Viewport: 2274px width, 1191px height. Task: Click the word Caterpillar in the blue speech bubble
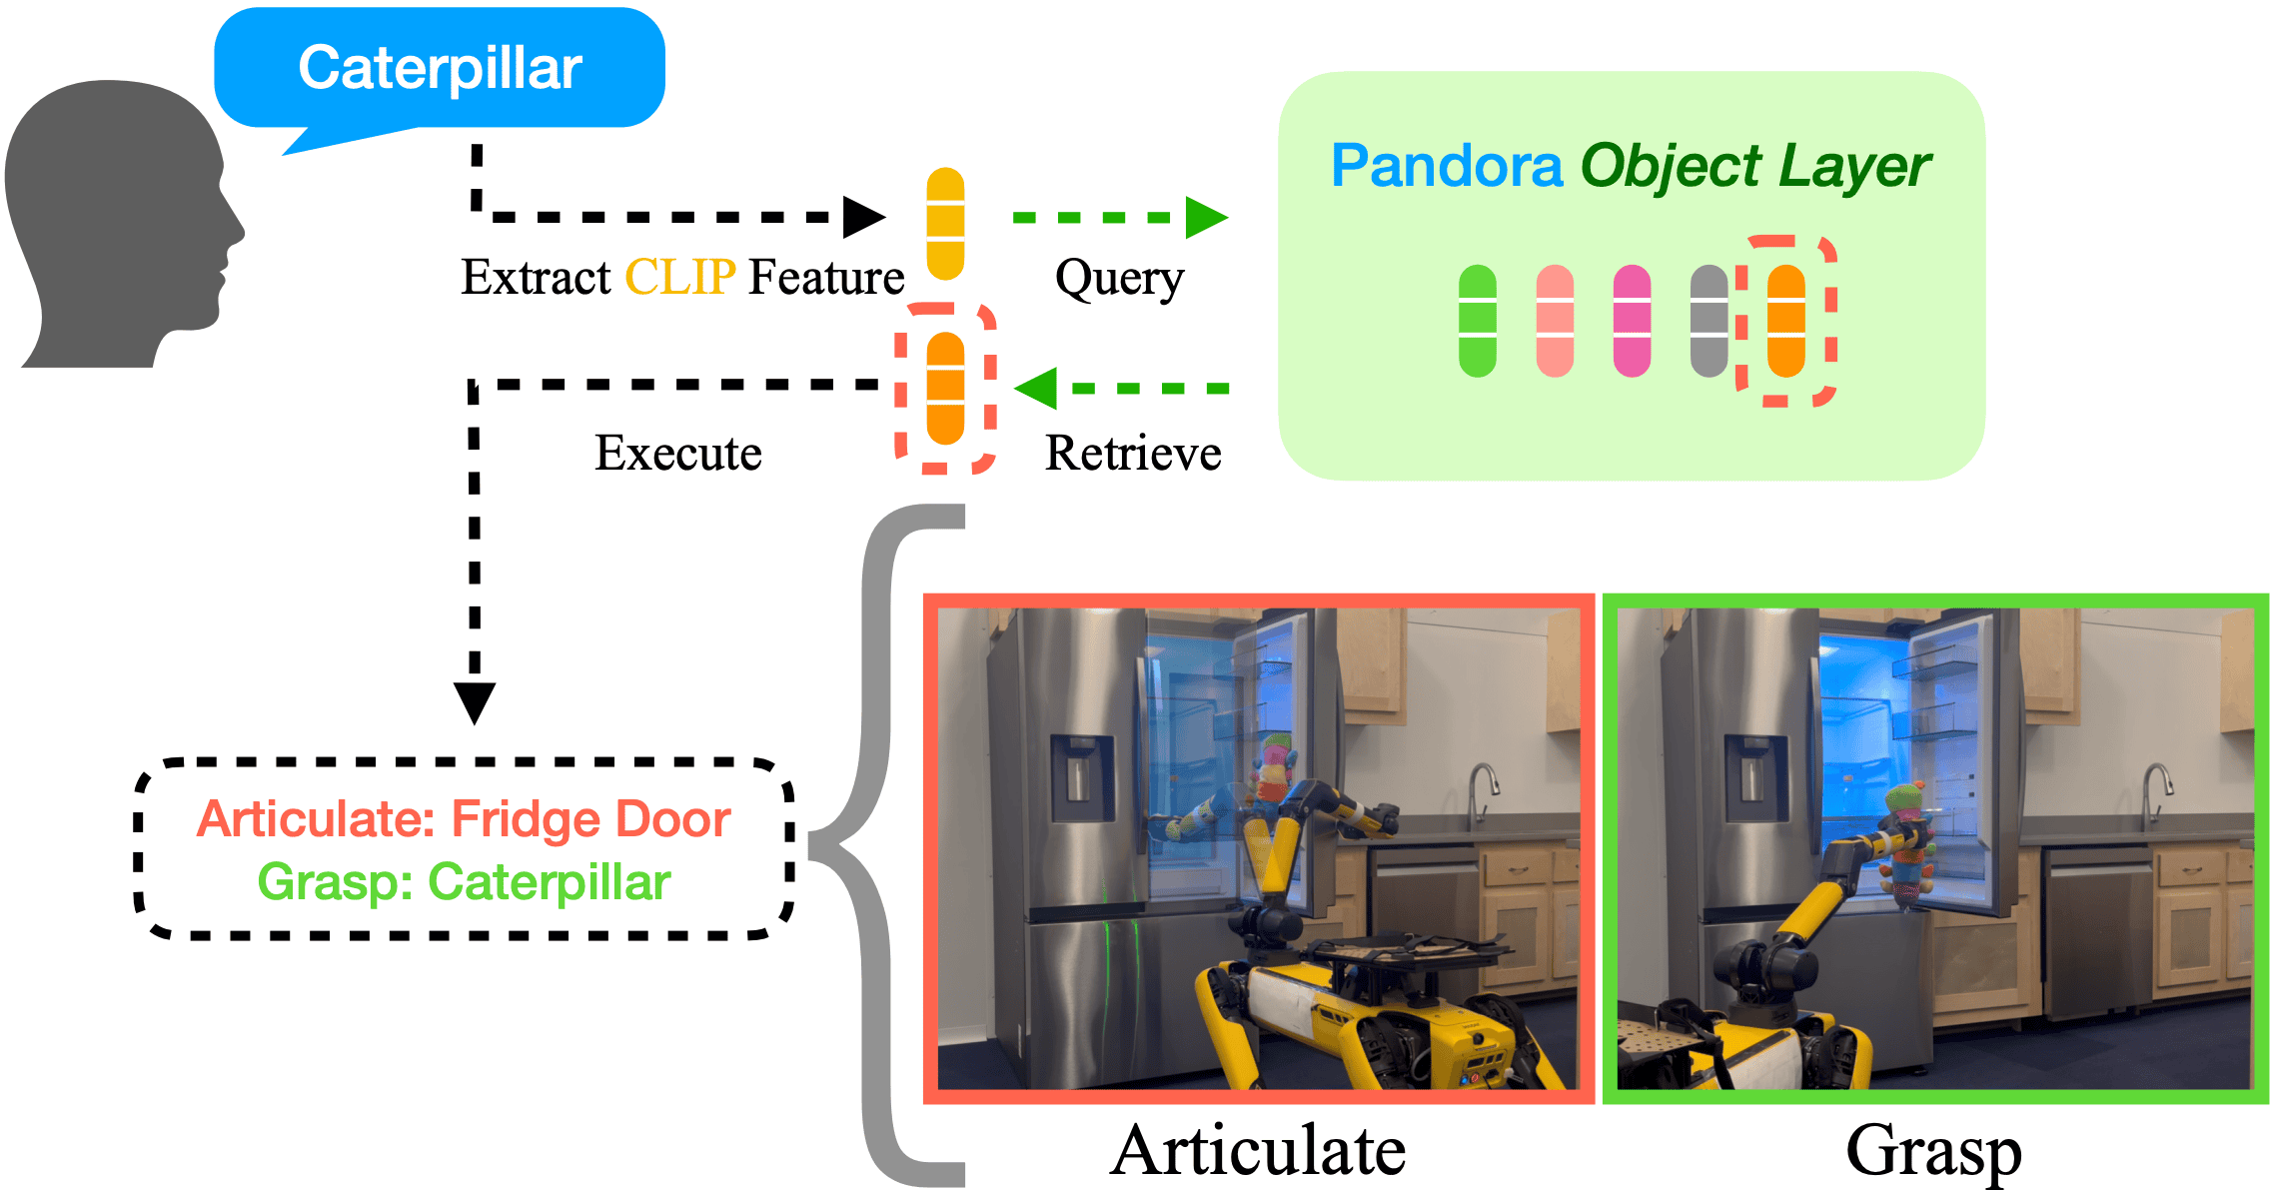point(440,68)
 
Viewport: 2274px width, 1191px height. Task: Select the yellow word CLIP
point(679,277)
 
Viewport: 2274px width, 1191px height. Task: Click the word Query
point(1119,279)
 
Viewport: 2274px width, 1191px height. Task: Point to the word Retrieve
point(1133,453)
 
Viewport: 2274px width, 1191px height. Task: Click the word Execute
point(678,453)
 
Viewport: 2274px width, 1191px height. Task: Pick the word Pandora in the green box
point(1446,166)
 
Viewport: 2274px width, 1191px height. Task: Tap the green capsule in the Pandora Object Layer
point(1478,321)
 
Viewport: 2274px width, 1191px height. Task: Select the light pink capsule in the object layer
point(1555,321)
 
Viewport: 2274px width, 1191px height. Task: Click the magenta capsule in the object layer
point(1632,321)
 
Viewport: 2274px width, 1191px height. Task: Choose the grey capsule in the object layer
point(1708,321)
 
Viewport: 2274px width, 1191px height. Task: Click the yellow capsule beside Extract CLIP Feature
point(945,224)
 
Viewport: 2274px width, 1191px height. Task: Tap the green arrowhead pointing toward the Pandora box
point(1206,217)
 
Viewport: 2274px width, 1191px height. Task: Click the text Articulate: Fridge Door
point(464,819)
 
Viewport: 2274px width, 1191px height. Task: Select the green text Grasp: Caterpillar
point(464,882)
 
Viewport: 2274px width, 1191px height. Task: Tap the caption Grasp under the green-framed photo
point(1933,1150)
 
